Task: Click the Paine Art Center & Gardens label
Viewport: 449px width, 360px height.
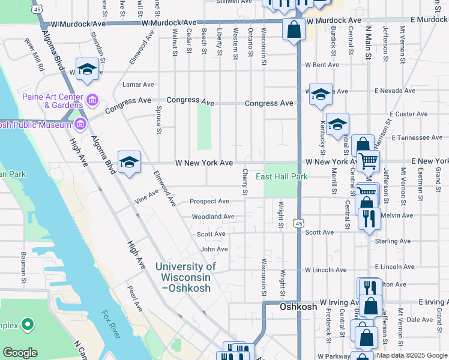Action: tap(52, 100)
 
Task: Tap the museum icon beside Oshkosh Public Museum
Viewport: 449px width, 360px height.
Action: tap(79, 124)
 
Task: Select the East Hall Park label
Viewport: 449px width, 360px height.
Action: tap(282, 176)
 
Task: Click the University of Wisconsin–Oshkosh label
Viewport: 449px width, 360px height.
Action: tap(185, 277)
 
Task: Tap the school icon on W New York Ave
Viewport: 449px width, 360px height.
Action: tap(129, 163)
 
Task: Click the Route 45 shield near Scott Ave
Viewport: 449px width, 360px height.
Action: tap(298, 223)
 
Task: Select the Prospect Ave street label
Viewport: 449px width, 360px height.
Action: tap(209, 202)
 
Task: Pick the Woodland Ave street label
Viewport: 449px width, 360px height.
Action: tap(212, 217)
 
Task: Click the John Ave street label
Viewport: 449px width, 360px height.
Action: tap(214, 249)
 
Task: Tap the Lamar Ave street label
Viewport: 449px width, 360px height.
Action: tap(138, 85)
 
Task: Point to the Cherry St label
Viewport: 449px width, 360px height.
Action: tap(245, 182)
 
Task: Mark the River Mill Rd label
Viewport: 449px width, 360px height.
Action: tap(34, 55)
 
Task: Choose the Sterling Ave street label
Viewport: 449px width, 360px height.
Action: tap(392, 241)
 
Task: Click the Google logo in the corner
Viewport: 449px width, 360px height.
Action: tap(20, 353)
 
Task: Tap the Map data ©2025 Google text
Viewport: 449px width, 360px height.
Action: tap(412, 355)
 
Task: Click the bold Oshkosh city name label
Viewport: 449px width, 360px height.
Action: tap(298, 306)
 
